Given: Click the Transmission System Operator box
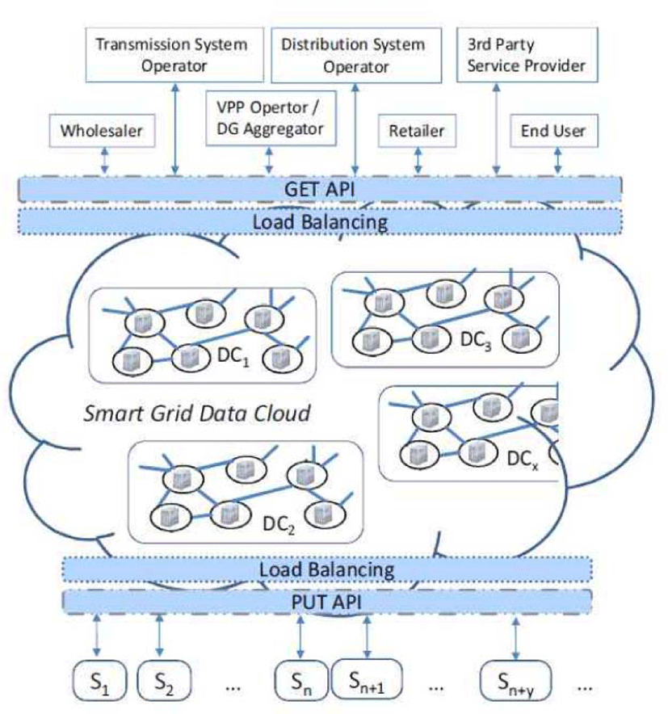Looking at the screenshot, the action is (174, 55).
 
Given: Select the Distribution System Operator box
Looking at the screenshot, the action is (356, 55).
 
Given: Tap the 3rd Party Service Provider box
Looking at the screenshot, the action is (527, 55).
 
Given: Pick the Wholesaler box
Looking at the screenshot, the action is (102, 131).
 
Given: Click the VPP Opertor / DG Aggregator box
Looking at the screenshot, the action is (271, 119).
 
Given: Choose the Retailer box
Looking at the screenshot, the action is (417, 131).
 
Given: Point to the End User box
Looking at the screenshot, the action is (554, 131).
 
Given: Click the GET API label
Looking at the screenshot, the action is (320, 190).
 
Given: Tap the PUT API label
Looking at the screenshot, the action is (326, 602).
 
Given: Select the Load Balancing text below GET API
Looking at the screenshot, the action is (320, 222).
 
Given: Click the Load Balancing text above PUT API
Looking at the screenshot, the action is (326, 569).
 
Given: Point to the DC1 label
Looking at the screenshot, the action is (233, 356).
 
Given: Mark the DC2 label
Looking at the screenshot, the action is (279, 524).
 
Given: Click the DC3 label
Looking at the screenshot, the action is (476, 340).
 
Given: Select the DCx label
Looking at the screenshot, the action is (523, 459).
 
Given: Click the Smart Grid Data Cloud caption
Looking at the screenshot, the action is (197, 414).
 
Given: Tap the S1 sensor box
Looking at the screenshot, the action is (99, 680).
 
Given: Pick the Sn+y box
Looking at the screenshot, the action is (515, 680).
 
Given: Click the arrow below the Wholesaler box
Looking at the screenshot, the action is (105, 160).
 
